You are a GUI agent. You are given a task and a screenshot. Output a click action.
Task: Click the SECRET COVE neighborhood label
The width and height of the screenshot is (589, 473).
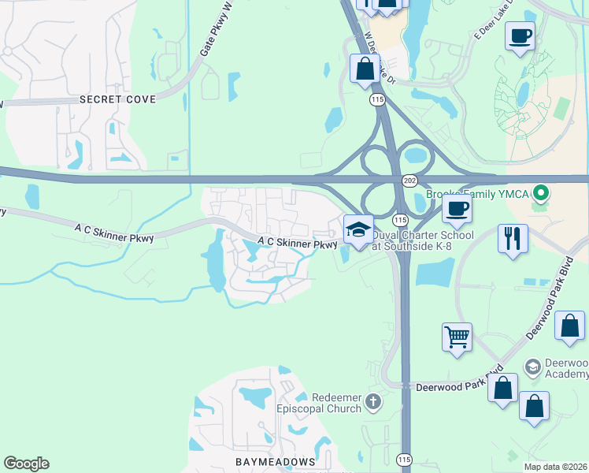point(117,99)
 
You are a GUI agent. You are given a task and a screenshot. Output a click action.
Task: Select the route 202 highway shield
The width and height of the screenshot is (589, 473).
point(409,181)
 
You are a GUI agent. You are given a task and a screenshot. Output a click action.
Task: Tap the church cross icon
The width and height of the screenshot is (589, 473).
point(373,403)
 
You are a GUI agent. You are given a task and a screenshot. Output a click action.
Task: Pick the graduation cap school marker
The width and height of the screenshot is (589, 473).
point(358,229)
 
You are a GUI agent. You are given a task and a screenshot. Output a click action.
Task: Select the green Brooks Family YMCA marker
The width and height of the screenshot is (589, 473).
point(540,192)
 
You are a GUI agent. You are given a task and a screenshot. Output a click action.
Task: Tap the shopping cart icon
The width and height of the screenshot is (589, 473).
point(457,337)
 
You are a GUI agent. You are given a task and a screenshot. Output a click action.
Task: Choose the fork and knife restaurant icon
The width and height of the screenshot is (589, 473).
point(513,238)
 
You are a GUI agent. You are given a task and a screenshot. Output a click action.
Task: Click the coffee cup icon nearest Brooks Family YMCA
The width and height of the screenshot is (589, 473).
point(457,209)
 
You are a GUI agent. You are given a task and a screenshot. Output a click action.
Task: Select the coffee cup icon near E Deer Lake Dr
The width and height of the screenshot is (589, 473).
point(520,36)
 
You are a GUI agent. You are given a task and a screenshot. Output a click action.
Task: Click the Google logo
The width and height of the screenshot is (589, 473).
point(26,464)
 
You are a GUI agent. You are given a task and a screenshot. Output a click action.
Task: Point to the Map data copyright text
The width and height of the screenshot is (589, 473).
point(556,467)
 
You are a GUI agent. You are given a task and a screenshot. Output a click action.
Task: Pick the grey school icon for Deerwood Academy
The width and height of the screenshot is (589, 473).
point(533,367)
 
